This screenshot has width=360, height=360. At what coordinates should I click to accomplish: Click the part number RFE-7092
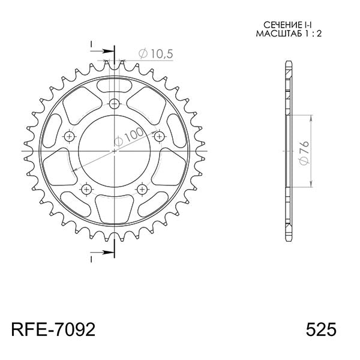coord(52,330)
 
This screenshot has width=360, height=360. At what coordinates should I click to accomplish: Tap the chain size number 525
coord(321,330)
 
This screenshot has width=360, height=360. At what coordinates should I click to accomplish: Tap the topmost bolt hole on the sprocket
coord(115,103)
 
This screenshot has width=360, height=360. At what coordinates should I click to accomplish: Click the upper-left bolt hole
coord(70,137)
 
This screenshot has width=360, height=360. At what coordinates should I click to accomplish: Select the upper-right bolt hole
coord(160,137)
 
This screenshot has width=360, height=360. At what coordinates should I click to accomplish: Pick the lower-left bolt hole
coord(86,190)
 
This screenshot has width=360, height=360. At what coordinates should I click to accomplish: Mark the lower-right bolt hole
coord(142,190)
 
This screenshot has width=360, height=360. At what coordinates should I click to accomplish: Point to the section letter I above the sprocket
coord(91,44)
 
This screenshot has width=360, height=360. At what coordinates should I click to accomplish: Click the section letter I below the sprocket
coord(91,259)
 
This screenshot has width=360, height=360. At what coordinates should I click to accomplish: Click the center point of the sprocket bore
coord(115,151)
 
